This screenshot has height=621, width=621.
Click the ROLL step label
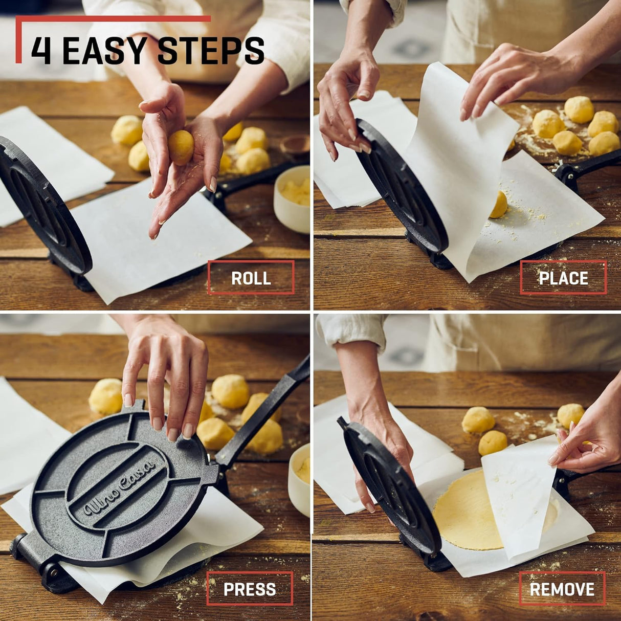(251, 278)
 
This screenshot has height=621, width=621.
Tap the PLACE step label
(563, 278)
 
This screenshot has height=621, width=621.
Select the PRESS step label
(250, 589)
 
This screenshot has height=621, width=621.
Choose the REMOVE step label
(562, 589)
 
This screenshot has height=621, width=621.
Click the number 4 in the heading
(41, 51)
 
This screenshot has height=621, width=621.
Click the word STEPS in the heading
(211, 51)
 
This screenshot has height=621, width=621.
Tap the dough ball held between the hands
(181, 147)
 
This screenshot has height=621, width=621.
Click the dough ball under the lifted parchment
(499, 205)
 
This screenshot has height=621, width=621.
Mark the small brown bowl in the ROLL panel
(295, 144)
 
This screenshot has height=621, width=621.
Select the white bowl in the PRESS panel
(300, 478)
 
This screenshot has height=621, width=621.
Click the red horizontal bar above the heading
(113, 19)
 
